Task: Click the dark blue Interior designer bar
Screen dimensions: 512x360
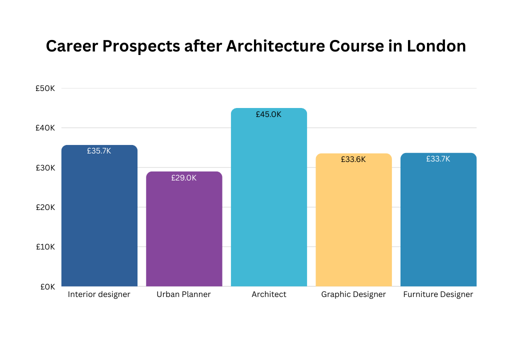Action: coord(99,215)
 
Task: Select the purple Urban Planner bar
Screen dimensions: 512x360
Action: coord(184,229)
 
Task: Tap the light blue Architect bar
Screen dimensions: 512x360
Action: coord(269,197)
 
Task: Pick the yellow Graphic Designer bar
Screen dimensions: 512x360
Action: coord(353,220)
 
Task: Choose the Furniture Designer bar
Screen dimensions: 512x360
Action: coord(438,219)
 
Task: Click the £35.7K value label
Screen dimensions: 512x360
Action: coord(99,151)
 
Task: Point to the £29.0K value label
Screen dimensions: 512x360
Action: coord(184,177)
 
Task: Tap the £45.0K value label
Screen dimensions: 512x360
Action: coord(268,114)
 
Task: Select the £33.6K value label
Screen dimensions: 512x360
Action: coord(353,159)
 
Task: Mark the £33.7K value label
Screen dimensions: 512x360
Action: coord(438,159)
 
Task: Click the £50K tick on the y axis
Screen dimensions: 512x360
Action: coord(45,88)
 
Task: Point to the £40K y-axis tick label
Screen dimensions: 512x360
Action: coord(45,127)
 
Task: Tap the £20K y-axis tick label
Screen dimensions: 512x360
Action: coord(45,207)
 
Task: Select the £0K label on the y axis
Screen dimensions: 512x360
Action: coord(47,286)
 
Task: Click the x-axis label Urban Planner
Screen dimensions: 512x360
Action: coord(184,294)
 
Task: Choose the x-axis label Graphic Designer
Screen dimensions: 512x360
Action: coord(353,294)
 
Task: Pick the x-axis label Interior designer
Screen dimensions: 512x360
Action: coord(99,294)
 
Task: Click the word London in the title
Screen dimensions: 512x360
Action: coord(436,45)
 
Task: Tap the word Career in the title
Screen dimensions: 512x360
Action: coord(72,45)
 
